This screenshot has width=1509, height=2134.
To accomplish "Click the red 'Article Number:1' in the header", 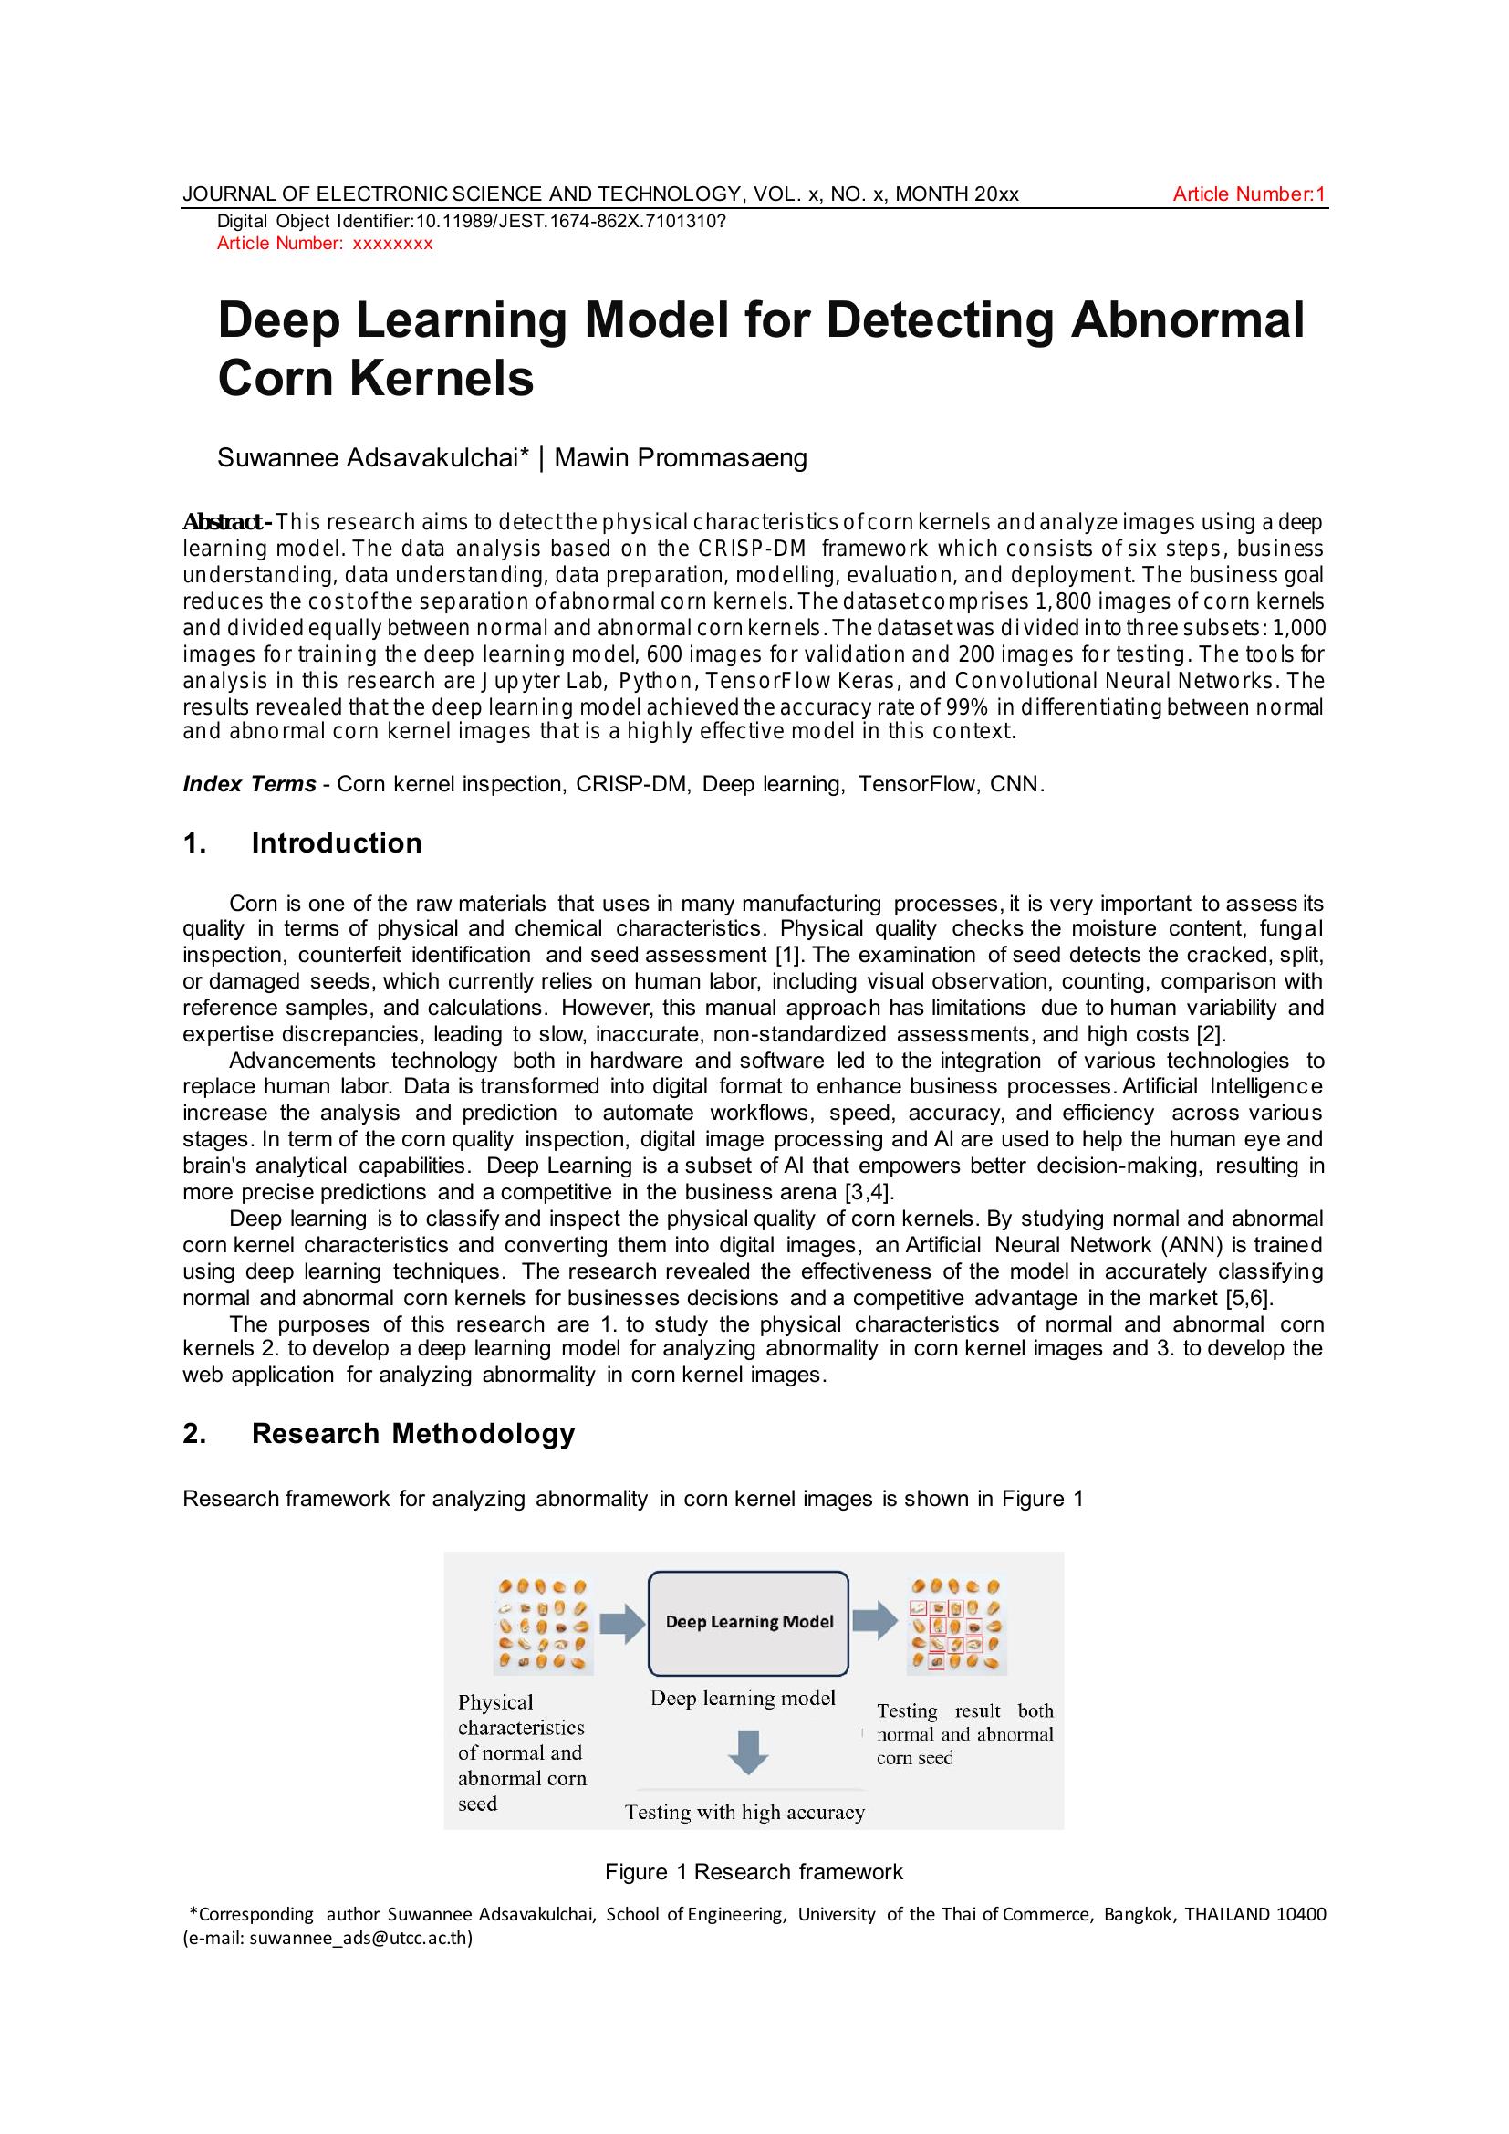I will pyautogui.click(x=1248, y=194).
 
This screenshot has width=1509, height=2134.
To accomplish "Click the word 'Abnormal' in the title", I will pyautogui.click(x=1187, y=319).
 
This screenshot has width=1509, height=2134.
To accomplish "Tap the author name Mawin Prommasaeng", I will pyautogui.click(x=681, y=458).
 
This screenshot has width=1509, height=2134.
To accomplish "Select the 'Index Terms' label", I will pyautogui.click(x=249, y=784).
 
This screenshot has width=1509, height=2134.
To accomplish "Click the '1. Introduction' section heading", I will pyautogui.click(x=303, y=843).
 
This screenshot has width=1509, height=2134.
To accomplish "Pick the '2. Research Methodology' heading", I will pyautogui.click(x=380, y=1433).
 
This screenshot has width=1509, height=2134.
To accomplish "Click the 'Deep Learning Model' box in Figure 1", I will pyautogui.click(x=748, y=1622).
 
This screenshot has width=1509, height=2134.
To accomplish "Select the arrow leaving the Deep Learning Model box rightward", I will pyautogui.click(x=874, y=1620).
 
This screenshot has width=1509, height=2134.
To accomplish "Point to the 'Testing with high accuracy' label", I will pyautogui.click(x=744, y=1812).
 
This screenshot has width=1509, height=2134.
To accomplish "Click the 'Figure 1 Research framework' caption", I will pyautogui.click(x=754, y=1872).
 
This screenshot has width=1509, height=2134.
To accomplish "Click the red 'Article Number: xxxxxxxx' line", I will pyautogui.click(x=324, y=244).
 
